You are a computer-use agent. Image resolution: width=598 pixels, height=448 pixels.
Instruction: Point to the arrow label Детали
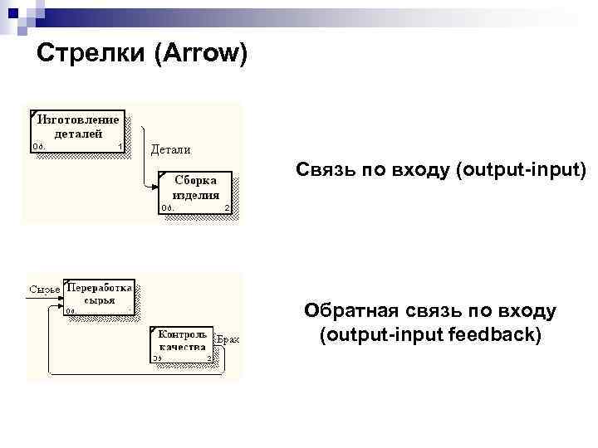pos(170,150)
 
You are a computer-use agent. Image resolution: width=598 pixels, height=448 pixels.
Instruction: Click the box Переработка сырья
pos(100,296)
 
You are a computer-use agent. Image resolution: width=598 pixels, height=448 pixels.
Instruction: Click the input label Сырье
pos(44,290)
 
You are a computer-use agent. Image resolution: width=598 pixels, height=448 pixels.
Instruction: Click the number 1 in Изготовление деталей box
pos(120,147)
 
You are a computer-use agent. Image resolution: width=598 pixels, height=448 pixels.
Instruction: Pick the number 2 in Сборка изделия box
pos(227,208)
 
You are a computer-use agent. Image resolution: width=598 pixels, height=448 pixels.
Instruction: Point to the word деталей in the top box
pos(79,133)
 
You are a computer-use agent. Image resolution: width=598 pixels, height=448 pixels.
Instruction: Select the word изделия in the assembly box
pos(196,196)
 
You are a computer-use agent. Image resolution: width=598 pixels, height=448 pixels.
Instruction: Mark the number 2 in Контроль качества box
pos(208,358)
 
